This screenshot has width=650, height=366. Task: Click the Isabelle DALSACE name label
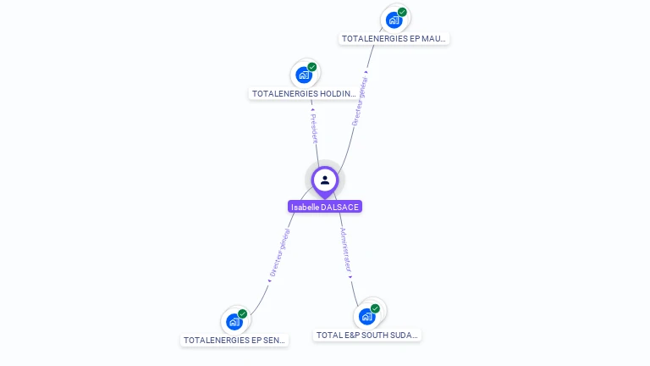click(325, 207)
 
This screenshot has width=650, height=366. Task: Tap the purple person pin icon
click(325, 180)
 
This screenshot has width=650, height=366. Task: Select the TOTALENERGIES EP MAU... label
click(394, 38)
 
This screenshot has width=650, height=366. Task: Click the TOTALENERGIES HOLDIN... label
click(304, 93)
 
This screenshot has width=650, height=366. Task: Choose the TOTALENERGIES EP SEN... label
click(235, 340)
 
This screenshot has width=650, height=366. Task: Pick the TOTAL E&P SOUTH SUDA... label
click(367, 335)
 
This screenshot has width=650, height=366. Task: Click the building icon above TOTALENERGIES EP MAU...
click(394, 19)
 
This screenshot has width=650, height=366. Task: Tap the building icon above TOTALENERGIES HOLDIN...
click(304, 75)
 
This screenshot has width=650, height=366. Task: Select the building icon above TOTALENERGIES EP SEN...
click(234, 322)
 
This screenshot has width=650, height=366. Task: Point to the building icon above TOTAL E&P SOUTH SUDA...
click(366, 316)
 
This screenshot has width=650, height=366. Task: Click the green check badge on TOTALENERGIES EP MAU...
click(403, 12)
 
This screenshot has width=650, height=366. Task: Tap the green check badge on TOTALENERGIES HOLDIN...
click(312, 67)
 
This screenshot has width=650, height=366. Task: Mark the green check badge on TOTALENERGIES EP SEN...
click(243, 314)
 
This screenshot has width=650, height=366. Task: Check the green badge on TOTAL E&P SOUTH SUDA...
click(375, 308)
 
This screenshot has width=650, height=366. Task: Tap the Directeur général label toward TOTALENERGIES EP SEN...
click(280, 252)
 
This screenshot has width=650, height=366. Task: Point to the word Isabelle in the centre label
click(305, 207)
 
